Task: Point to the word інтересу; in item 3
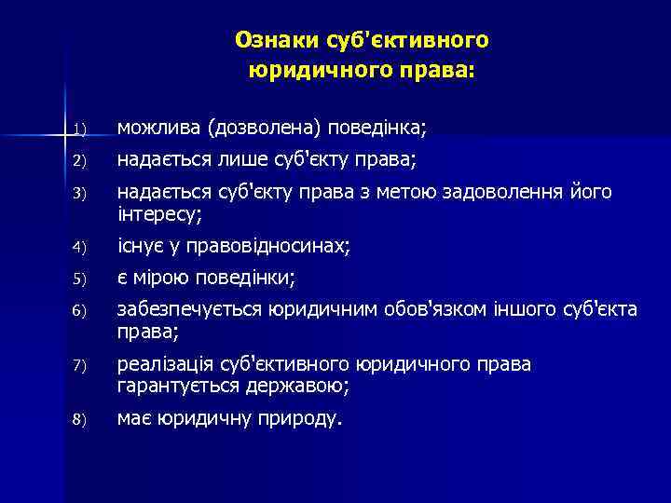(x=158, y=213)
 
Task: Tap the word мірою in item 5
(x=166, y=278)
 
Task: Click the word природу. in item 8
(x=300, y=418)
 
